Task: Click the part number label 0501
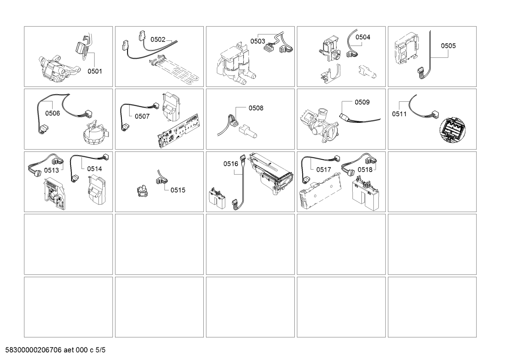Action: point(95,71)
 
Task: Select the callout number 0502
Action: point(158,40)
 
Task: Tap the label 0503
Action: point(258,41)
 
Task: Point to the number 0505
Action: point(448,46)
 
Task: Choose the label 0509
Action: point(362,102)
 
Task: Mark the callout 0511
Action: point(399,114)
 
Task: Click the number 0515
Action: point(178,190)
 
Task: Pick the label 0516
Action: point(231,164)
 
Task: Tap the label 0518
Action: point(365,170)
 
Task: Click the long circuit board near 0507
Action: point(179,131)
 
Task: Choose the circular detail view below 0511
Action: point(453,130)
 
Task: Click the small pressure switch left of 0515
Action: point(143,191)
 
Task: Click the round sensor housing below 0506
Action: point(97,134)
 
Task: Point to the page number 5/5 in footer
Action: point(100,350)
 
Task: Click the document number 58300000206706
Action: point(34,350)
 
